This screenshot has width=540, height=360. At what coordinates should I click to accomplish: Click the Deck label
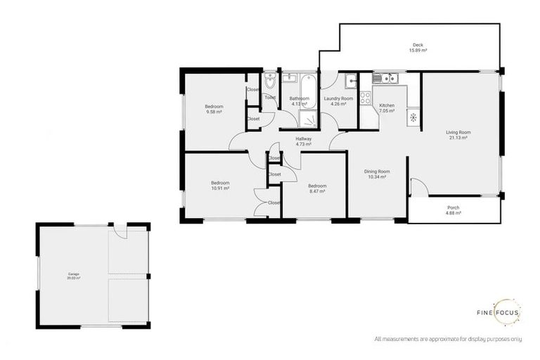418,46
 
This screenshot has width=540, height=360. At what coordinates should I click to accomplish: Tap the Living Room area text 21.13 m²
458,138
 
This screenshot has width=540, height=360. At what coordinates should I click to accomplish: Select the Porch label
454,207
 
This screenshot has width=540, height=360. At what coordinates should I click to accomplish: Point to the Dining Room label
376,171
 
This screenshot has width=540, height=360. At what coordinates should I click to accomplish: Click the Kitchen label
387,105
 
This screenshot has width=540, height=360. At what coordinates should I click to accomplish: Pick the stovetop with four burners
365,98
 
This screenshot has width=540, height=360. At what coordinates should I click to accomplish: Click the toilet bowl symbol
270,82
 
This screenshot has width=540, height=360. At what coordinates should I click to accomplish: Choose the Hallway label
303,139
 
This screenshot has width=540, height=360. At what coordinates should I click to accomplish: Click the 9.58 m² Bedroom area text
214,112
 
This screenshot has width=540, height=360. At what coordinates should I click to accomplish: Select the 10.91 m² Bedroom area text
220,188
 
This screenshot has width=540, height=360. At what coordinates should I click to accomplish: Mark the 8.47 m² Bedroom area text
317,191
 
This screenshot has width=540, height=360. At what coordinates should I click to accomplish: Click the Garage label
73,274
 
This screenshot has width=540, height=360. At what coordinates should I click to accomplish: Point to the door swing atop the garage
121,230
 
